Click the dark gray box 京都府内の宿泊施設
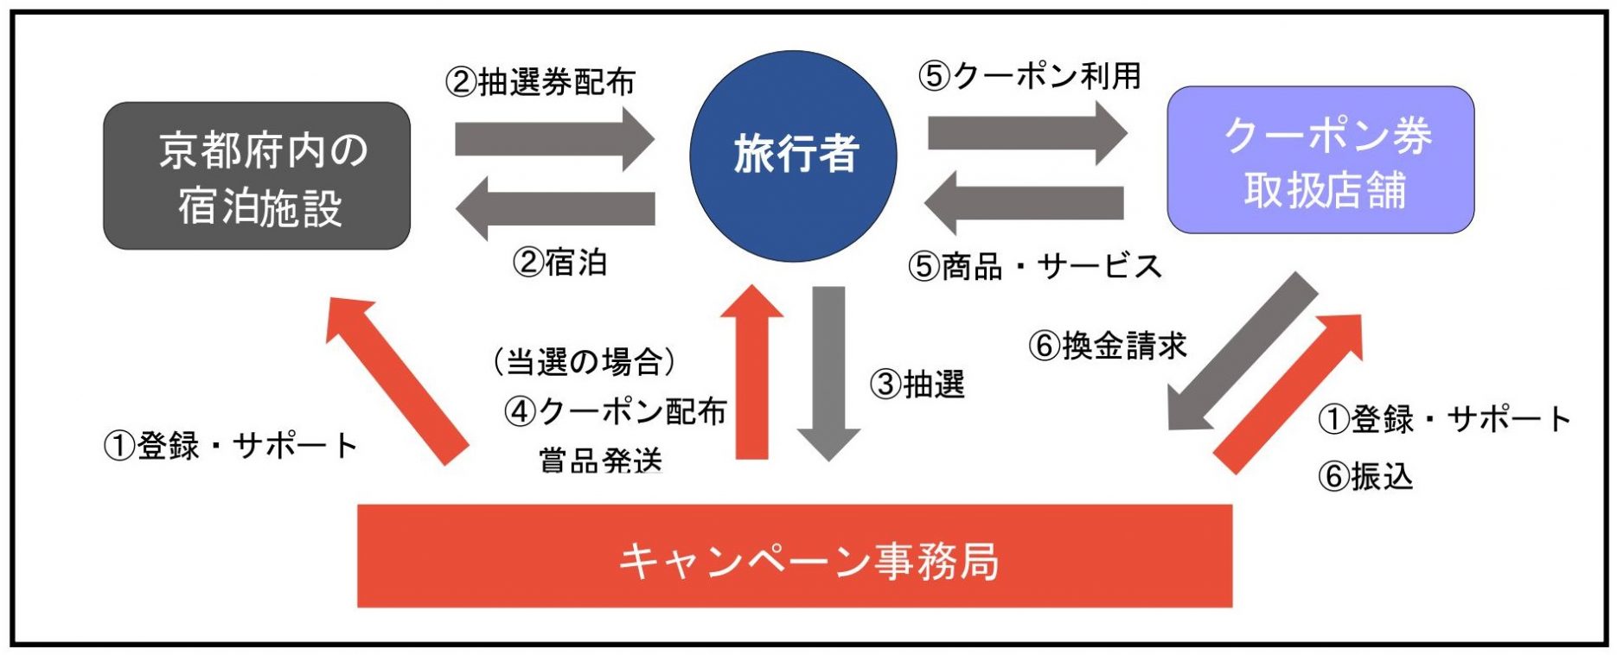(x=257, y=176)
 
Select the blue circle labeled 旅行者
(x=793, y=156)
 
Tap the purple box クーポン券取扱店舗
(x=1320, y=160)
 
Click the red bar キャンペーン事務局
(x=794, y=557)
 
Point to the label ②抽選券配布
(x=540, y=82)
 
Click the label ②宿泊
(x=560, y=262)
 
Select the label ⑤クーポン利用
(x=1029, y=76)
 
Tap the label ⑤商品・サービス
(x=1034, y=266)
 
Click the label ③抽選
(x=917, y=384)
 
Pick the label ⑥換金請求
(x=1107, y=346)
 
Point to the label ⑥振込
(x=1365, y=475)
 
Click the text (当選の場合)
(x=584, y=361)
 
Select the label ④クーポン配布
(x=615, y=411)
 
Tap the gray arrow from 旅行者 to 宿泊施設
(x=555, y=208)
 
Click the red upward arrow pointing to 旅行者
(x=751, y=372)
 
